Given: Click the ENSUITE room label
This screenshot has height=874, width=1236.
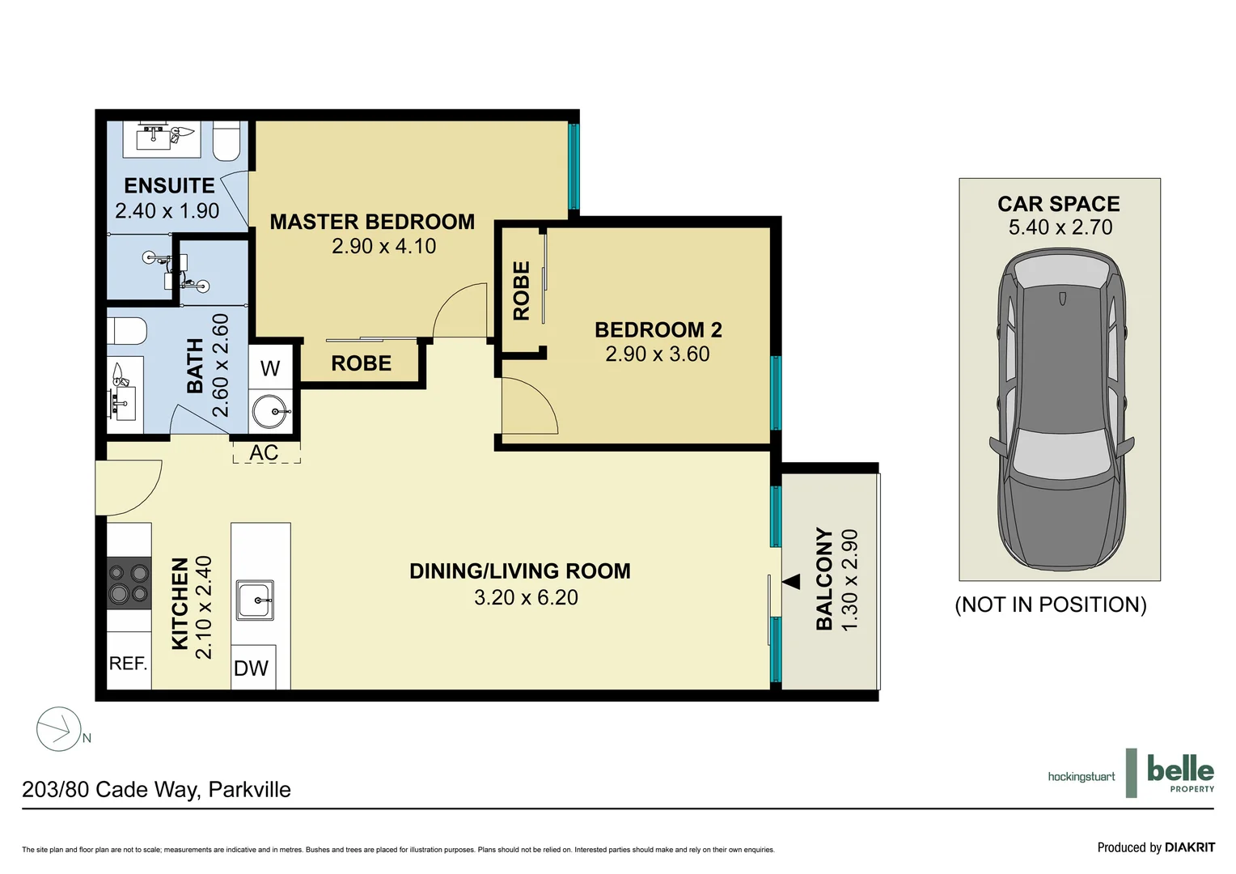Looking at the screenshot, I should tap(169, 185).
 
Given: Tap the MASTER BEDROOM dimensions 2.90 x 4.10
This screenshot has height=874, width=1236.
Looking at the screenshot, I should tap(383, 246).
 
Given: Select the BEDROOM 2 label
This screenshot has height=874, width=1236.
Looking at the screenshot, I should tap(658, 329).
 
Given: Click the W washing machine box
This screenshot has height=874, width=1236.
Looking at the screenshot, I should tap(270, 368).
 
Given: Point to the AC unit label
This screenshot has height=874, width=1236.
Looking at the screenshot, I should tap(265, 452).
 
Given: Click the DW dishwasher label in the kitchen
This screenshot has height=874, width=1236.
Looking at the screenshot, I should tap(251, 668).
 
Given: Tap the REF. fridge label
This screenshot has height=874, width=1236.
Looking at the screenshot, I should tap(129, 664).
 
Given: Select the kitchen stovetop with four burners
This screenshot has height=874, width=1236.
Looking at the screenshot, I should tap(129, 583).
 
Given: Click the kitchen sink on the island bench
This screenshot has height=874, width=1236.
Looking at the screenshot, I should tap(255, 600).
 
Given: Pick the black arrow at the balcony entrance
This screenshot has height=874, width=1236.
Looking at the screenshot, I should tap(791, 581).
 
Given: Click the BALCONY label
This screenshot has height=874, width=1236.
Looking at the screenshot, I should tap(824, 578).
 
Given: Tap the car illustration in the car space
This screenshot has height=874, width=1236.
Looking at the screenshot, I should tap(1060, 409).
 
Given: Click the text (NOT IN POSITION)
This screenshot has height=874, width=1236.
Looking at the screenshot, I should tap(1051, 605).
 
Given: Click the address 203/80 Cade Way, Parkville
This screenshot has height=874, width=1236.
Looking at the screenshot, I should tap(156, 789).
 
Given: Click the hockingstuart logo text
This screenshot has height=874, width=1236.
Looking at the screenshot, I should tap(1081, 777).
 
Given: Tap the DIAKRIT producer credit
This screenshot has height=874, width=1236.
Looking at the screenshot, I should tap(1156, 847).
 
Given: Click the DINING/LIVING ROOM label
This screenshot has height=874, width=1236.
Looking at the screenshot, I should tap(519, 571).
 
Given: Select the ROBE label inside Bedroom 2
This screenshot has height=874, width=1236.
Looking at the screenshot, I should tap(522, 291).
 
